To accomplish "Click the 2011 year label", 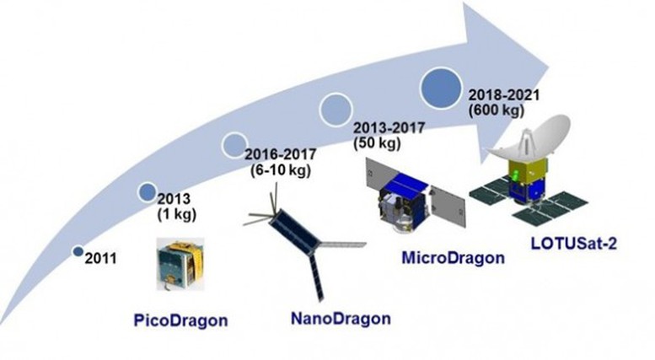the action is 100,258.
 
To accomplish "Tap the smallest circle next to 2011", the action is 78,251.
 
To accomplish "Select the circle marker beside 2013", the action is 148,192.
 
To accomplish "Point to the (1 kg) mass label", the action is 177,214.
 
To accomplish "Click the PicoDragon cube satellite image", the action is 180,264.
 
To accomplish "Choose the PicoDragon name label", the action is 181,320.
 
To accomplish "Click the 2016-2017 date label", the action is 281,154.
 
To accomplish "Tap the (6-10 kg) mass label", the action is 281,170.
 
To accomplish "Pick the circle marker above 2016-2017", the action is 234,145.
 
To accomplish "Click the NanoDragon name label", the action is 341,319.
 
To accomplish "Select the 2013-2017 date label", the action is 389,127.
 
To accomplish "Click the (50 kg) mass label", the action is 377,142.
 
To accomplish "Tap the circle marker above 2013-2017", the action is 336,110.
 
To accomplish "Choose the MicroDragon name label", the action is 453,258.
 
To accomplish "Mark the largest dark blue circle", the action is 441,89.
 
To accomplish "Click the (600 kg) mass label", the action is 497,110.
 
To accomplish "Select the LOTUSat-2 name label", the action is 573,244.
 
